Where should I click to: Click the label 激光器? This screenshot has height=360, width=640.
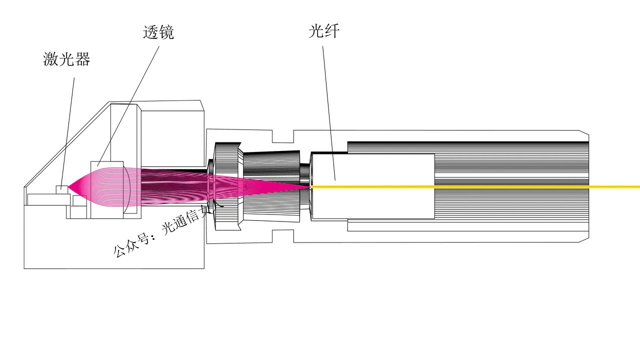pyautogui.click(x=66, y=60)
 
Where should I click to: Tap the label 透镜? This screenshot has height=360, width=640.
pyautogui.click(x=158, y=33)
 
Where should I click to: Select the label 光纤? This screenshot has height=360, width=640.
pyautogui.click(x=324, y=32)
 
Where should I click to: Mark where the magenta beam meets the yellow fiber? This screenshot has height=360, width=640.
pyautogui.click(x=310, y=187)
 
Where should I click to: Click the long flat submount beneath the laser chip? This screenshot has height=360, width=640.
pyautogui.click(x=48, y=199)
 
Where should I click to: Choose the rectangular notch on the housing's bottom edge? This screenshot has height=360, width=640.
pyautogui.click(x=282, y=237)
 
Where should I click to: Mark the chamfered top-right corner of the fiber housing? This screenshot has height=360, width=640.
pyautogui.click(x=584, y=132)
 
